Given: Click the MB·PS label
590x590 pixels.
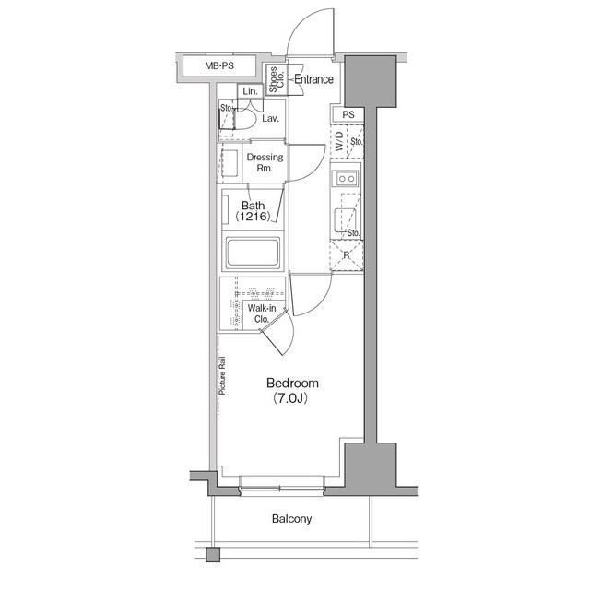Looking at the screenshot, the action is [219, 65].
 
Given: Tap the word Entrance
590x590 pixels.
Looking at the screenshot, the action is [313, 79].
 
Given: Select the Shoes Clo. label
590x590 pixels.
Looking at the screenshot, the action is [277, 79].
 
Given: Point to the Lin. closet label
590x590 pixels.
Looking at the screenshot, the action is [250, 91].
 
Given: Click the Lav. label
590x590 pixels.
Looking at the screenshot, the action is [270, 119].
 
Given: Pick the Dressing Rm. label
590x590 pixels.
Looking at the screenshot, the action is [265, 162].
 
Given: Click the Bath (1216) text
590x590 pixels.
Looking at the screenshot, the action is [253, 211].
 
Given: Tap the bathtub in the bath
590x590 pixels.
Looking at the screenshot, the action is [253, 253].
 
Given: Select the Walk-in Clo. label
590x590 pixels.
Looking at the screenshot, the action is [262, 313].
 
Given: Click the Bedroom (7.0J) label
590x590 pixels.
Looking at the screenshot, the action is [292, 390].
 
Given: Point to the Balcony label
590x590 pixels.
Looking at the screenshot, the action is [291, 519].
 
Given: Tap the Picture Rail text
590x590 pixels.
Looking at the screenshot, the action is [222, 375].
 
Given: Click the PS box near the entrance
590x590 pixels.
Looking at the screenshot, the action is [348, 114].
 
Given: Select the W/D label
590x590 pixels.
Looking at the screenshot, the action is [339, 141].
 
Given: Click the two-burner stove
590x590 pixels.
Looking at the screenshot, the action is [347, 178].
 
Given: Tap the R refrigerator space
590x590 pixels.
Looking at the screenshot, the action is [347, 255].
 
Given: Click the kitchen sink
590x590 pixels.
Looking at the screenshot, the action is [345, 220].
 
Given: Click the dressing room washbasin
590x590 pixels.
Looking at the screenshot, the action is [230, 163].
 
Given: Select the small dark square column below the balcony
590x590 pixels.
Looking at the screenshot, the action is [213, 555].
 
